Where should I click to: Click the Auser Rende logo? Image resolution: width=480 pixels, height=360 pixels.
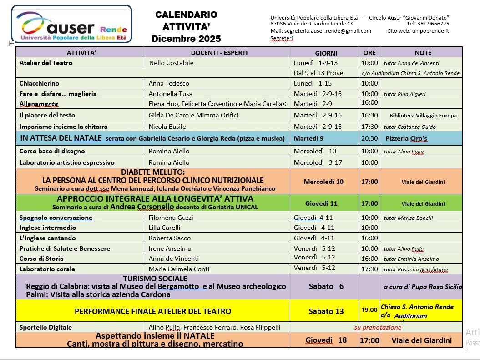point(72,24)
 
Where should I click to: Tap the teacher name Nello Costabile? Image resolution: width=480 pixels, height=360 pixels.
point(171,63)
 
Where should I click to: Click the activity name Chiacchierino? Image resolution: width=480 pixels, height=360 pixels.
point(39,83)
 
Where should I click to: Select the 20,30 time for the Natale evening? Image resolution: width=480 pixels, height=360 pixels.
point(369,138)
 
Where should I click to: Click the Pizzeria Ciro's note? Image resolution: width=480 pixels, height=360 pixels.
point(406,138)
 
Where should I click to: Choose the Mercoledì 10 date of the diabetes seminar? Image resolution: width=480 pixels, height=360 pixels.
point(323,182)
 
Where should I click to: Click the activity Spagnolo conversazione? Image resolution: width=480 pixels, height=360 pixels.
point(56,218)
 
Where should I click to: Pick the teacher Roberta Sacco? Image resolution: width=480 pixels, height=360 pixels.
point(170,238)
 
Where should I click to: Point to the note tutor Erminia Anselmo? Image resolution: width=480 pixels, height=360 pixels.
point(411,259)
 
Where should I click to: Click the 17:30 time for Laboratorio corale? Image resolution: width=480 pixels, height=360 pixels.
point(369,269)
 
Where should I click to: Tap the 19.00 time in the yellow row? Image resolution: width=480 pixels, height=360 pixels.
point(369,310)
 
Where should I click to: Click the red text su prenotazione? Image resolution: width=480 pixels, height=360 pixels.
point(378,327)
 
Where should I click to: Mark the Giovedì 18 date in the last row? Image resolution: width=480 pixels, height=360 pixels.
point(326,340)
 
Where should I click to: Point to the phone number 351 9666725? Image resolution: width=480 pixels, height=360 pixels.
point(432,24)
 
